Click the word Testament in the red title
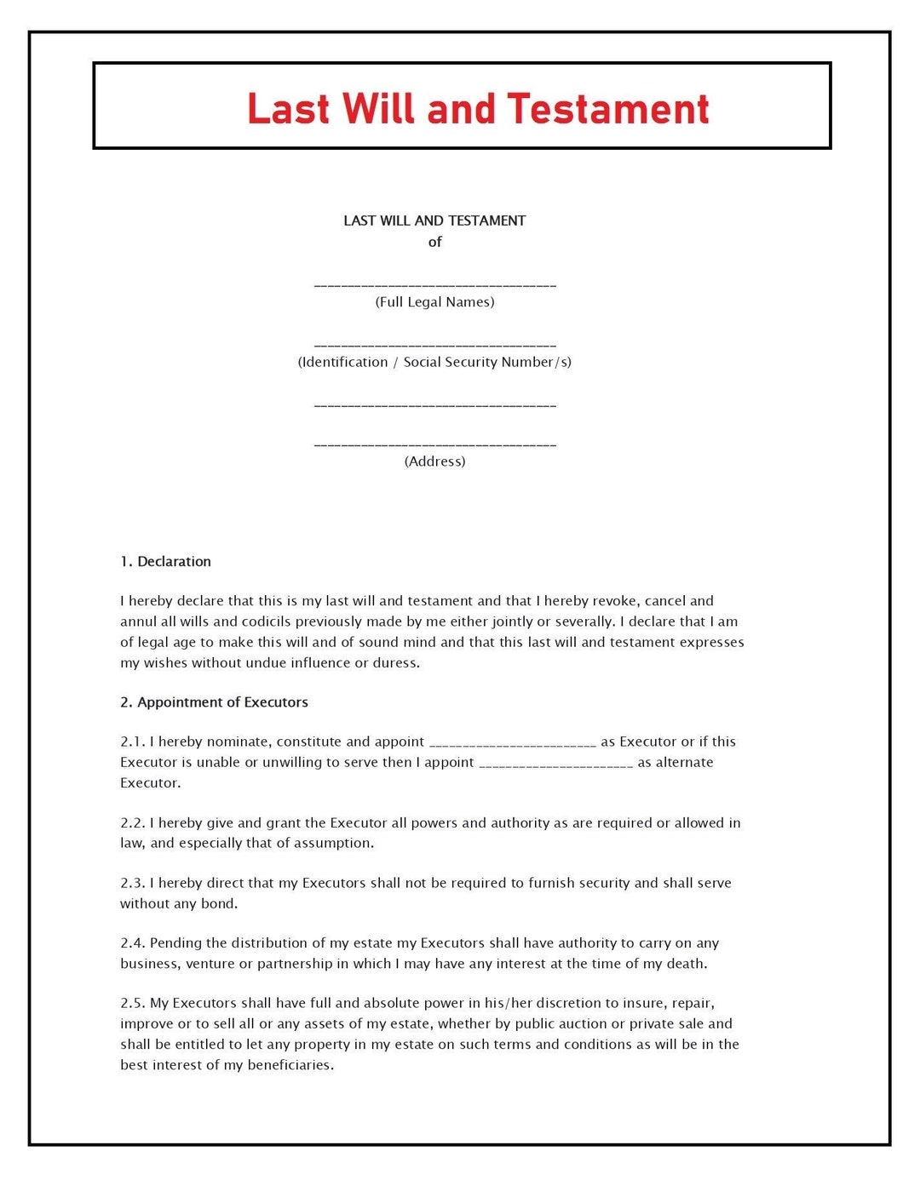[607, 109]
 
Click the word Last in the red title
[288, 109]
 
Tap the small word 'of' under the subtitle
[434, 242]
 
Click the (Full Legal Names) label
[434, 302]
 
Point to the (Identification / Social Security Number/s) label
[434, 362]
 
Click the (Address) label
[434, 461]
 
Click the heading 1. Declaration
[165, 562]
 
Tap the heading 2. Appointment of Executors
[214, 702]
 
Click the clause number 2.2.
[133, 823]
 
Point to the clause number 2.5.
[133, 1004]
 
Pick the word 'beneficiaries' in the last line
[289, 1065]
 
